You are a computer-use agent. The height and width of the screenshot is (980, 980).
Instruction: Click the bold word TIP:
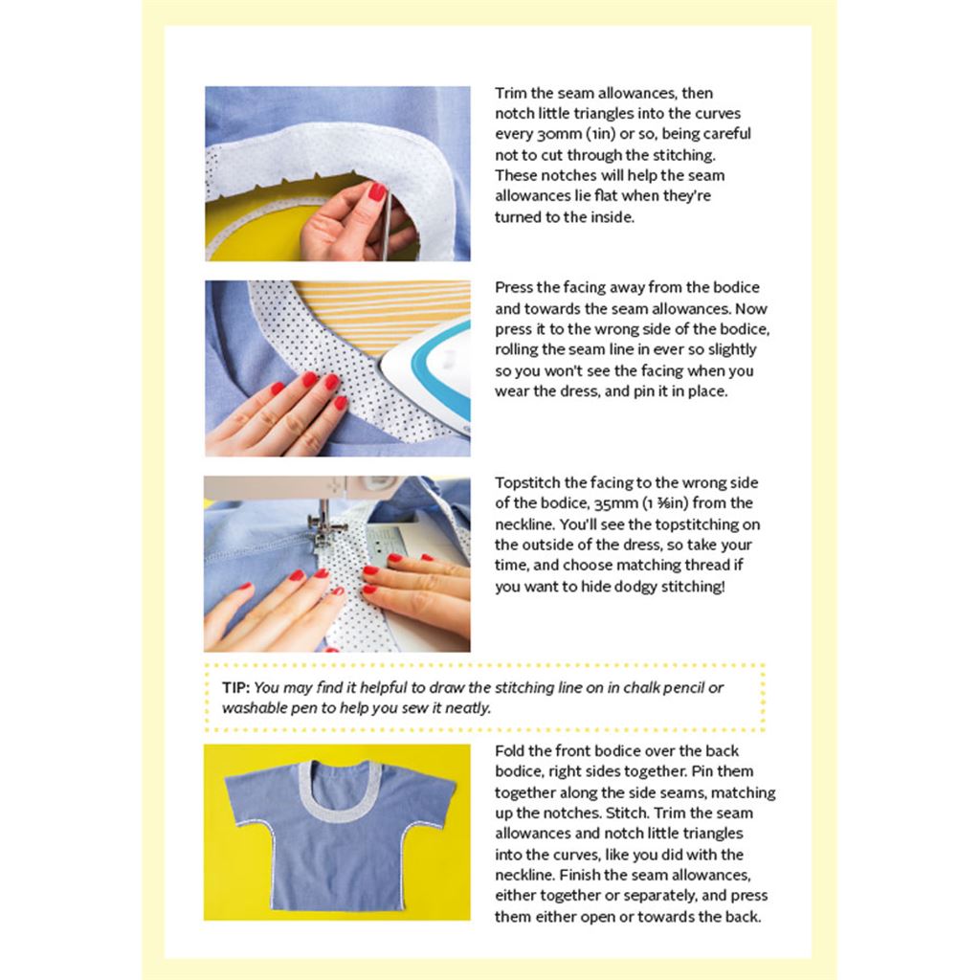(235, 687)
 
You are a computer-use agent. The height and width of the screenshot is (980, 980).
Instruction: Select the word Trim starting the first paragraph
(511, 93)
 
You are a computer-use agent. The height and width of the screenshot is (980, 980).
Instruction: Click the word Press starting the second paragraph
(514, 287)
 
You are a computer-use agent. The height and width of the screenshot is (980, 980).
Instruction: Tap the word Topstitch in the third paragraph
(527, 483)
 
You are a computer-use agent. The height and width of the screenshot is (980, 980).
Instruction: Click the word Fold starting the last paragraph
(509, 750)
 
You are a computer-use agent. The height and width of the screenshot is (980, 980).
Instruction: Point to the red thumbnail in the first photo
(377, 191)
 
